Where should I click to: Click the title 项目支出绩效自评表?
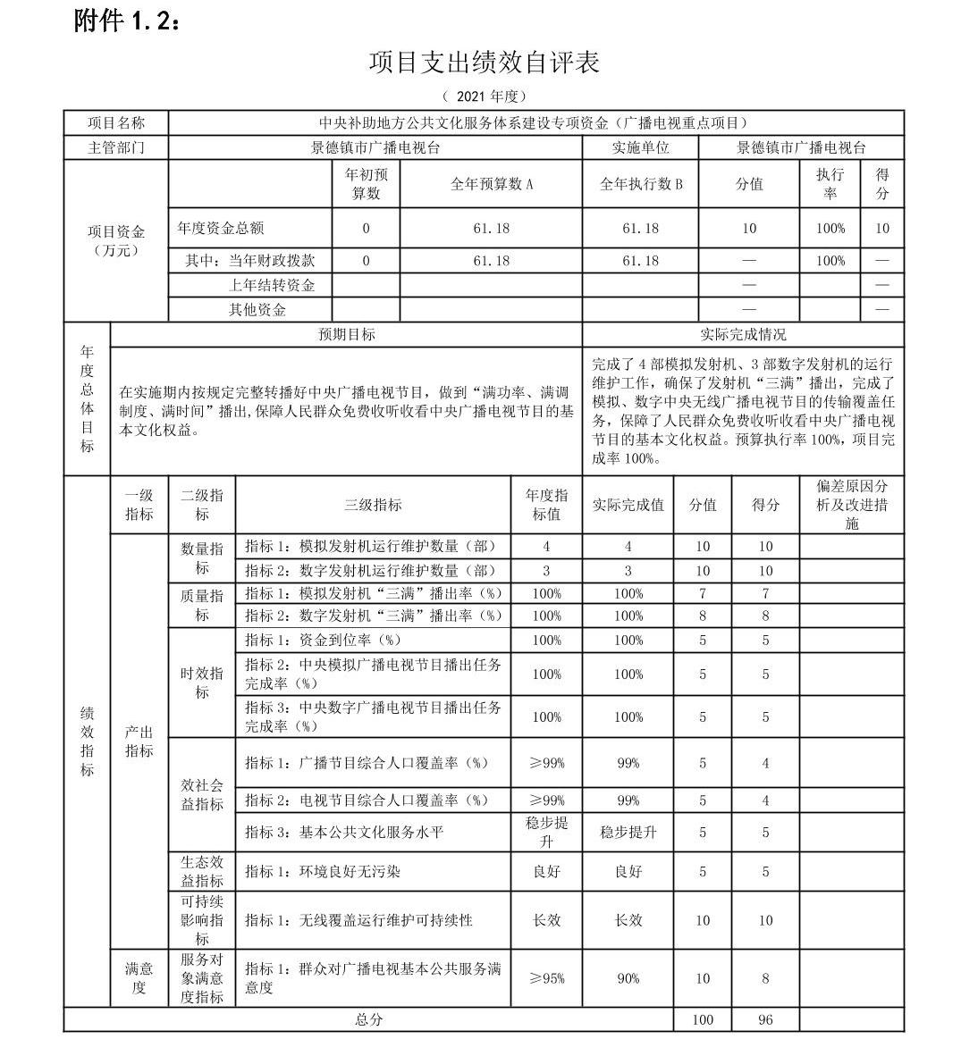point(483,62)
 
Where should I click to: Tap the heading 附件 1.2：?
point(127,21)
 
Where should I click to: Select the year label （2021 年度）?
point(484,96)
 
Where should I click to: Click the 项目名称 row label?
point(115,123)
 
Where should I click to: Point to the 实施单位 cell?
point(640,147)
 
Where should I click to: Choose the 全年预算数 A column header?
point(491,184)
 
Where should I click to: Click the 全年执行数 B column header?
point(640,184)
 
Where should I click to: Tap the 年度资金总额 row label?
point(221,228)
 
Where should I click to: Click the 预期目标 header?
point(347,334)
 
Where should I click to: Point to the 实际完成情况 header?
point(743,334)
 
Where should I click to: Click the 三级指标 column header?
point(373,505)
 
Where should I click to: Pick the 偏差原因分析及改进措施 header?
point(851,505)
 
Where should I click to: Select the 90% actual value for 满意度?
point(628,978)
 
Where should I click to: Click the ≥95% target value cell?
point(546,978)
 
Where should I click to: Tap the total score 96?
point(764,1019)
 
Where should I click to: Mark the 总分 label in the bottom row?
point(368,1019)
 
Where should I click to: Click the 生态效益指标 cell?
point(202,871)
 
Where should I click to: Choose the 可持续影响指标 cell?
point(202,919)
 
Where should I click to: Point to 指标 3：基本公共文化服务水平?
point(344,832)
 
